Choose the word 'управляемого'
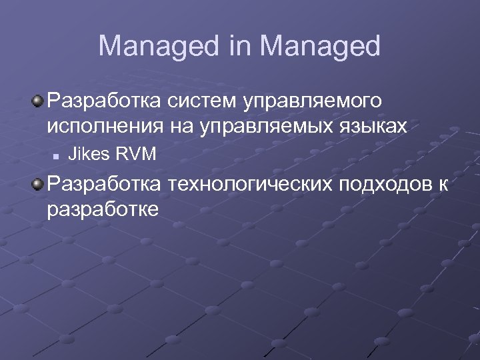[x=314, y=103]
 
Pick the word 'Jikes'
[x=89, y=155]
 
